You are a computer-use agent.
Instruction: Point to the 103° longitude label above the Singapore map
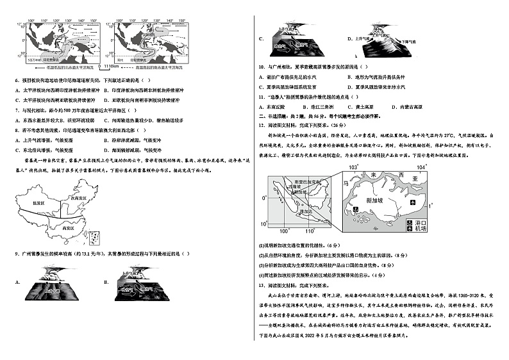pos(352,167)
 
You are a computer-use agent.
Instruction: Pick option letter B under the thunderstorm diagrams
pos(103,282)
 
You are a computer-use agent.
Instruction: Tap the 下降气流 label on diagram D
pos(403,40)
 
